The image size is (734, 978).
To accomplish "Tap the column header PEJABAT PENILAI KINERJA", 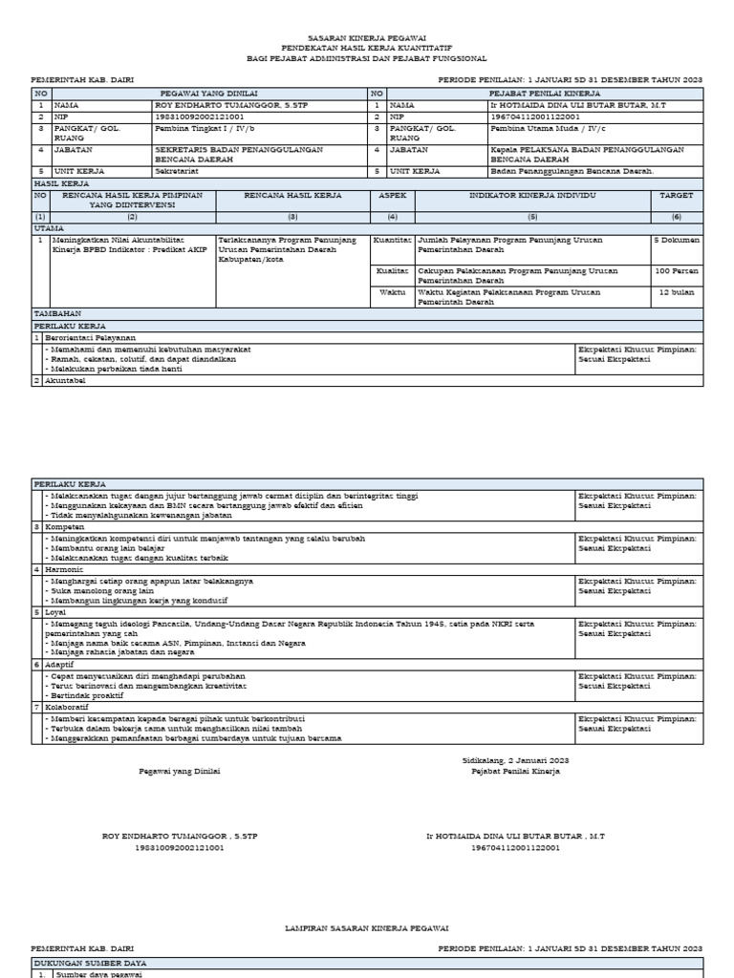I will click(544, 94).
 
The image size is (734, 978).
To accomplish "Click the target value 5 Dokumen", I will click(677, 241).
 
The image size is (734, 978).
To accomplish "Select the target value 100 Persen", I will click(677, 271).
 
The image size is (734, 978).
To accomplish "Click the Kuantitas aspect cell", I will click(392, 241).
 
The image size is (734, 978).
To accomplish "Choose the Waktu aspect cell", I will click(392, 292).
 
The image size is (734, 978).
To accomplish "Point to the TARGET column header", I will click(677, 195).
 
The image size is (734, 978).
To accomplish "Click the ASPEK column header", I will click(392, 195).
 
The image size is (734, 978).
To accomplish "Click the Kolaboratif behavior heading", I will click(67, 708).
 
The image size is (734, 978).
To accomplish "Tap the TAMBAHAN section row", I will click(57, 313).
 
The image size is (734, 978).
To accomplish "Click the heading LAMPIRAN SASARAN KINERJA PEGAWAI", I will click(368, 927).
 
